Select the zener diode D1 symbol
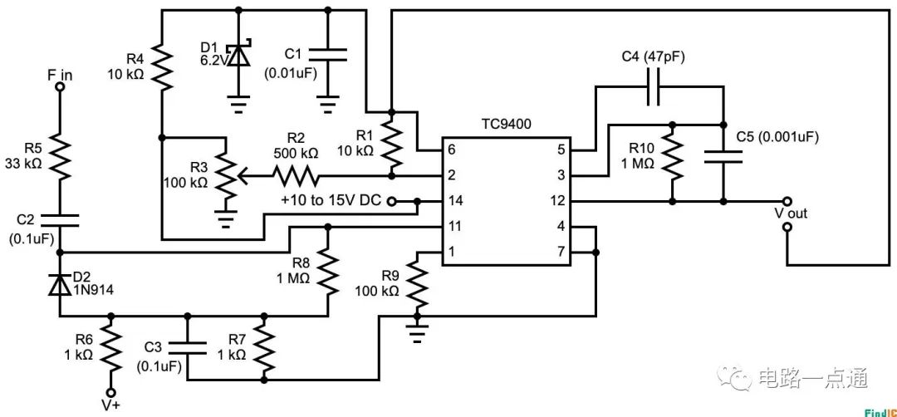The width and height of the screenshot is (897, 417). tap(239, 55)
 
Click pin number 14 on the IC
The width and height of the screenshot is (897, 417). tap(453, 201)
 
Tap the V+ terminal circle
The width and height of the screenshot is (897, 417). tap(110, 393)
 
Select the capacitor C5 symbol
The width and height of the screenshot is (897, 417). tap(722, 157)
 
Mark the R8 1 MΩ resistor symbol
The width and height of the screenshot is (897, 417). tap(329, 272)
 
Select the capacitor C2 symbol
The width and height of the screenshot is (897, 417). tap(60, 220)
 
